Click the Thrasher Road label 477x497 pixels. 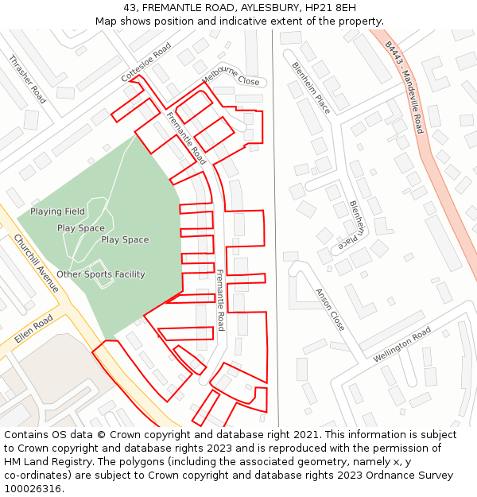[27, 79]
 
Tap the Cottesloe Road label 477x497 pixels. [146, 62]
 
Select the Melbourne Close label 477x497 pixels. [231, 76]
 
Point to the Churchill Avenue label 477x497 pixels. [37, 263]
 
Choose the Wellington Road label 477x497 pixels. [402, 344]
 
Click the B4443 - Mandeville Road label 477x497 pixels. [405, 87]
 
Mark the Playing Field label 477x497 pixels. [57, 212]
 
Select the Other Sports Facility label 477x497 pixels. [101, 274]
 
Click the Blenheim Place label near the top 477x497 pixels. [310, 87]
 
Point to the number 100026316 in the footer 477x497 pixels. [33, 489]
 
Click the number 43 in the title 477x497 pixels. [130, 7]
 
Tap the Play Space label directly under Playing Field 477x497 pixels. [81, 228]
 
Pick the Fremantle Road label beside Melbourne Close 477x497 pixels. [186, 138]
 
